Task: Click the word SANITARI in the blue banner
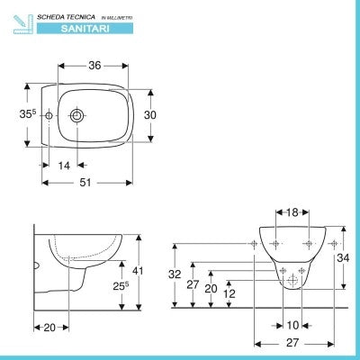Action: [x=85, y=29]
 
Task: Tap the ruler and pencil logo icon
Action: [x=23, y=24]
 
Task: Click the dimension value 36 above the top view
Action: [x=94, y=66]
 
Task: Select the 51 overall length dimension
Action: [x=85, y=183]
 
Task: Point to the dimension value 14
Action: [x=64, y=166]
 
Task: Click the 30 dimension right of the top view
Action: [x=150, y=115]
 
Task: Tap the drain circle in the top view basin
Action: [x=77, y=115]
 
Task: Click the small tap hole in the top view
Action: [x=49, y=115]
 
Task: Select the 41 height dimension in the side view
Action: [x=138, y=271]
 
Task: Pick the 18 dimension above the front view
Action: [x=292, y=212]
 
